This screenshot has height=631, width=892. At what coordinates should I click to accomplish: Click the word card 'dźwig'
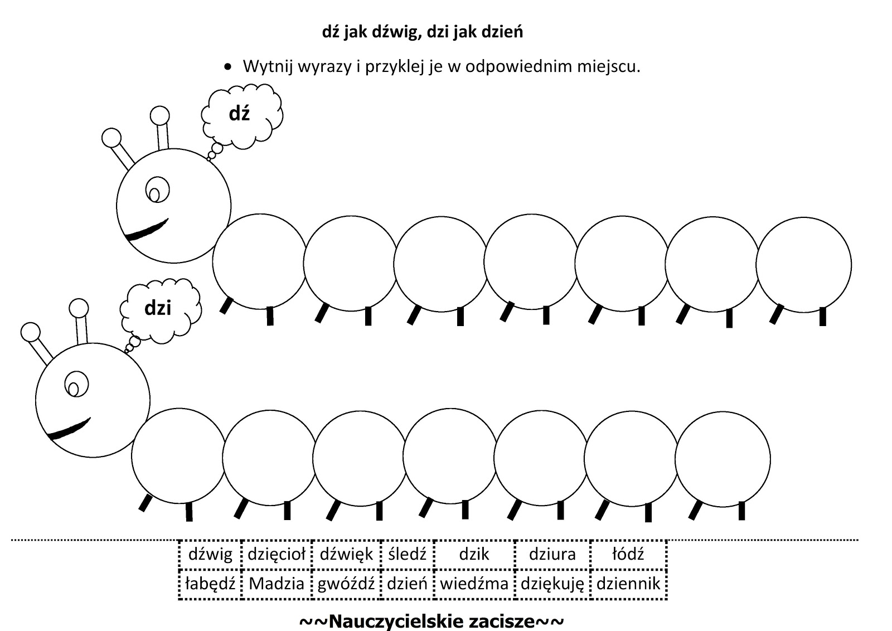(210, 554)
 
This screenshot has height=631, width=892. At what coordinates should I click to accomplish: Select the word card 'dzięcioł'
(277, 554)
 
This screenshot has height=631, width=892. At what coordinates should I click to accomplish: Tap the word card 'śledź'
(407, 554)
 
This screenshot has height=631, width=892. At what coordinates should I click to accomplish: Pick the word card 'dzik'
(474, 554)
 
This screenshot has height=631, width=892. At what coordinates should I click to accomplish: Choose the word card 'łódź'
(628, 554)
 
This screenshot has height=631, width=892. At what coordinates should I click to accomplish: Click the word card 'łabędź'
(210, 584)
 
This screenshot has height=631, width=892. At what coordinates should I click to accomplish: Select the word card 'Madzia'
(277, 584)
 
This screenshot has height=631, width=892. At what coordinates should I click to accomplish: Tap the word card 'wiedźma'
(474, 584)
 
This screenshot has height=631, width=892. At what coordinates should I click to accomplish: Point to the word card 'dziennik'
(628, 584)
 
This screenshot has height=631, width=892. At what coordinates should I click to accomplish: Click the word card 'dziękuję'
(552, 584)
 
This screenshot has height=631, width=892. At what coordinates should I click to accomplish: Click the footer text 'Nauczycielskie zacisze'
(432, 621)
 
